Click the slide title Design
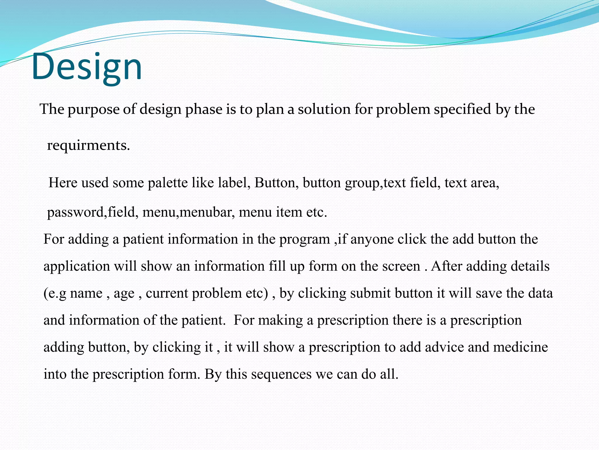click(87, 67)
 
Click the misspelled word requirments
click(88, 145)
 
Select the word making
click(280, 320)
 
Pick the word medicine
click(520, 347)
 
